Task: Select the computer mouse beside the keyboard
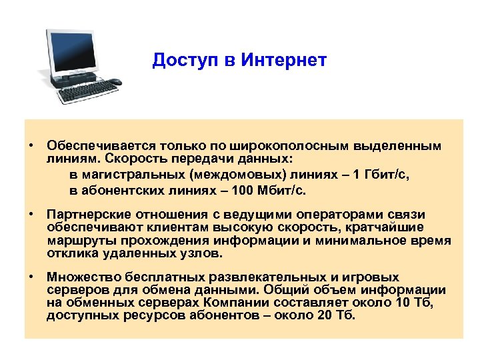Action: (x=115, y=82)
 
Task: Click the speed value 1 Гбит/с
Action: (x=382, y=175)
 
